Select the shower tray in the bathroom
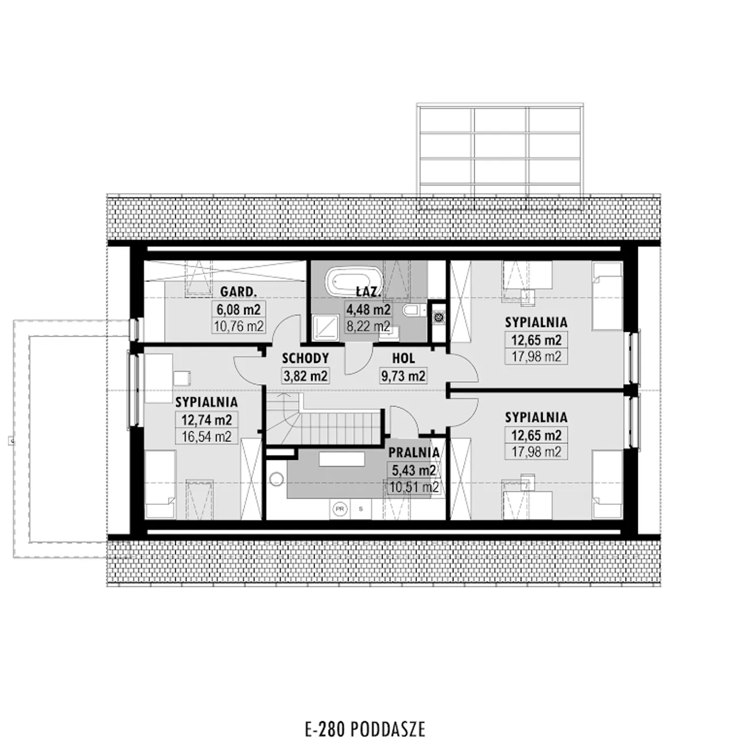pos(325,328)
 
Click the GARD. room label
pos(238,292)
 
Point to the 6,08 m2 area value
pos(239,309)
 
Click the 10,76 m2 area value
pos(239,326)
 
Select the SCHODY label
pos(305,359)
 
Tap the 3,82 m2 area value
pos(305,376)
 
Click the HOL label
pos(403,359)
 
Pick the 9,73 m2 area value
pos(403,376)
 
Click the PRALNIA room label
pos(413,452)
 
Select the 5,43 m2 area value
pos(413,470)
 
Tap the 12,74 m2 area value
pos(207,420)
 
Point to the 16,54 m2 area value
pos(207,437)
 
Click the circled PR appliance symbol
pos(339,509)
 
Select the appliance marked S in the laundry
pos(361,509)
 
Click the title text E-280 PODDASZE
pos(365,729)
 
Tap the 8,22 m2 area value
pos(368,326)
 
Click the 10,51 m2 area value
pos(413,487)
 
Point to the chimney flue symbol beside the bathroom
pos(438,316)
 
